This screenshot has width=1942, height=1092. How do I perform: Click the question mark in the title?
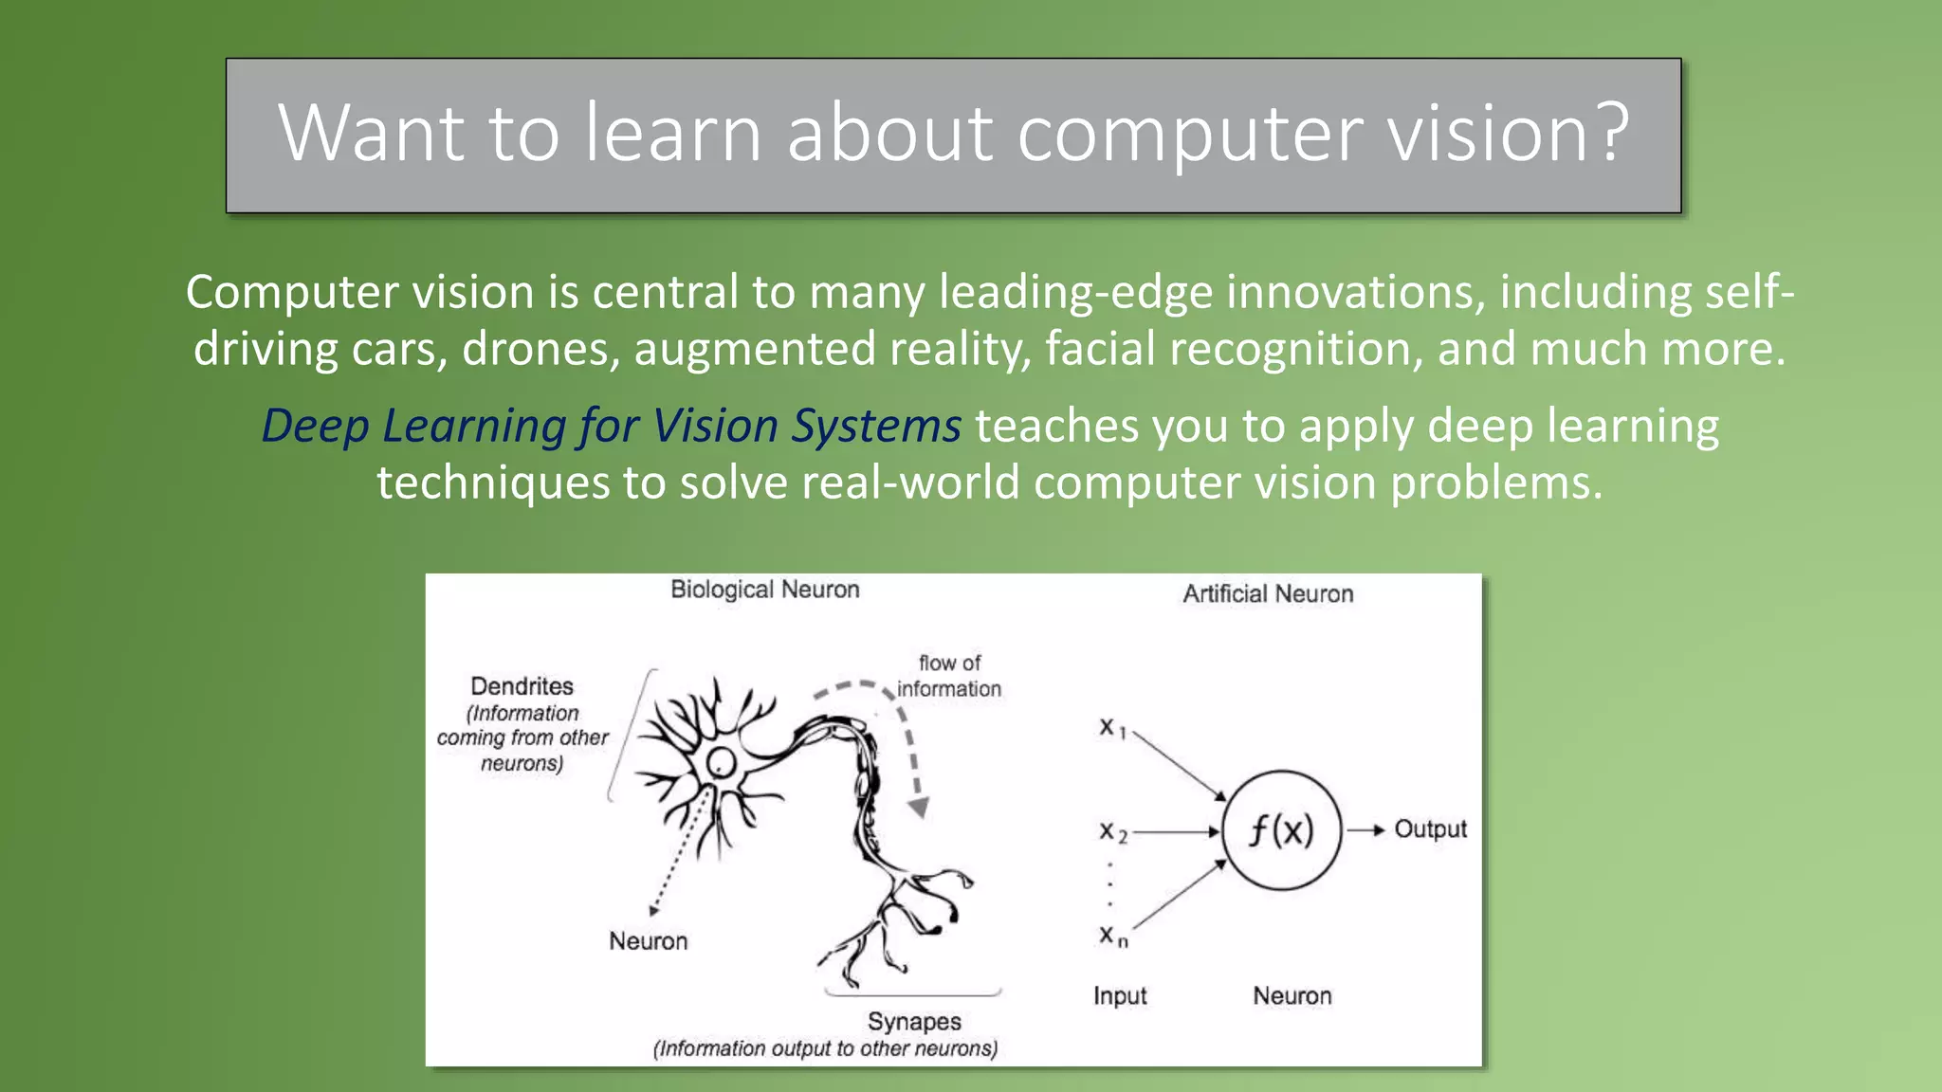[1609, 133]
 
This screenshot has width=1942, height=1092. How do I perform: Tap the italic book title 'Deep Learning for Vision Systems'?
[612, 426]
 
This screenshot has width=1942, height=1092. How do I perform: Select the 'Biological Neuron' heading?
[764, 590]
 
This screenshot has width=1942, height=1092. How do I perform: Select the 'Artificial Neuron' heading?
[1268, 594]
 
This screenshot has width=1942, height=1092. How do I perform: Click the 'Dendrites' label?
[522, 686]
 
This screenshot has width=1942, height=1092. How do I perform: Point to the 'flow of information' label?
[949, 676]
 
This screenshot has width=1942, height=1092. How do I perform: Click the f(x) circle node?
[1281, 830]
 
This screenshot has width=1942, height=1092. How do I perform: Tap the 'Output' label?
[1430, 829]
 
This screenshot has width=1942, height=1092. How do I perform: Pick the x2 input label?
[1112, 832]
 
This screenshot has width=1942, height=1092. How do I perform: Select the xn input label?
[1112, 937]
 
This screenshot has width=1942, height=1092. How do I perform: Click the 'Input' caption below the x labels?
[1120, 996]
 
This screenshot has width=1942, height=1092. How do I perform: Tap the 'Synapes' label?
[914, 1022]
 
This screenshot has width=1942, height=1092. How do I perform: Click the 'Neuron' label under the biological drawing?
[648, 941]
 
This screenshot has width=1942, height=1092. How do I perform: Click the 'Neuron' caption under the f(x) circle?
[1292, 996]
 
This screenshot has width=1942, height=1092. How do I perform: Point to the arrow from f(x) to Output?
[1366, 830]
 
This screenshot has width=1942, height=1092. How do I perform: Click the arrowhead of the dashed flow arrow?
[918, 808]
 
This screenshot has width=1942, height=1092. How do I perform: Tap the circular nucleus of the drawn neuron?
[721, 762]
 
